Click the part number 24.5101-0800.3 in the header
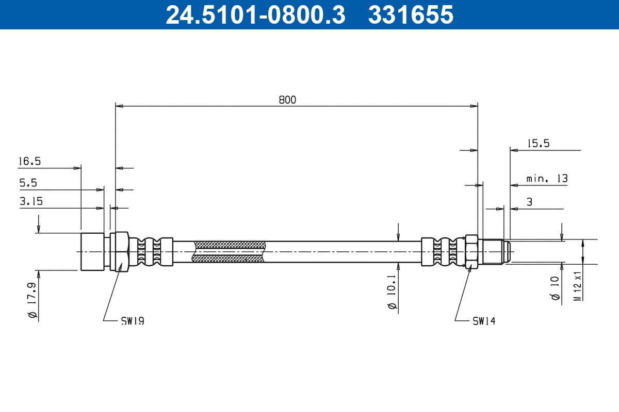255,14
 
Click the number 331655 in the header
410,14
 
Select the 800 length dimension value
287,100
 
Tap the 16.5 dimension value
29,161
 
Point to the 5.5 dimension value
28,183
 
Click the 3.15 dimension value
30,202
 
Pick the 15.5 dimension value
539,144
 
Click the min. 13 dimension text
547,179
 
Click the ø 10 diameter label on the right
556,288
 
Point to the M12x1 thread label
578,285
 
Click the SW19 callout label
132,321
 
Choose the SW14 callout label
484,321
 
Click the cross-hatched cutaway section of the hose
229,252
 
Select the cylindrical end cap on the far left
92,252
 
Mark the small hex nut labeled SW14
471,252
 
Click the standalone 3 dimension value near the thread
529,202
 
